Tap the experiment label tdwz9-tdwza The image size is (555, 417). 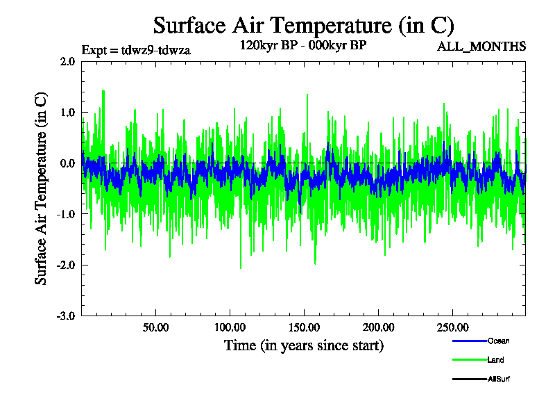(x=136, y=49)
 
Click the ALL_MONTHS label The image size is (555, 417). (x=481, y=47)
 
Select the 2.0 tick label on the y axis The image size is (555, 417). (x=67, y=61)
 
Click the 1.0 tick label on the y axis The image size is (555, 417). (x=67, y=113)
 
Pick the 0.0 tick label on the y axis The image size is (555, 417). (x=67, y=163)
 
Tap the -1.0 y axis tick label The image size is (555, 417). (x=66, y=214)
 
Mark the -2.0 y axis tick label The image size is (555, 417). (x=66, y=265)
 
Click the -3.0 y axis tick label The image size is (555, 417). (x=66, y=316)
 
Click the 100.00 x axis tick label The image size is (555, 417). (x=229, y=327)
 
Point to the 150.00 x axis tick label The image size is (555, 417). (x=303, y=327)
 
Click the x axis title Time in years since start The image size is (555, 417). (x=303, y=345)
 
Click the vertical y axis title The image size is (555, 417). (x=42, y=188)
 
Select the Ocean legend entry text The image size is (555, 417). (x=498, y=341)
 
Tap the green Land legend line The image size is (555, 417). (x=469, y=360)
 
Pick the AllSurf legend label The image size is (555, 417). (x=499, y=379)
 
